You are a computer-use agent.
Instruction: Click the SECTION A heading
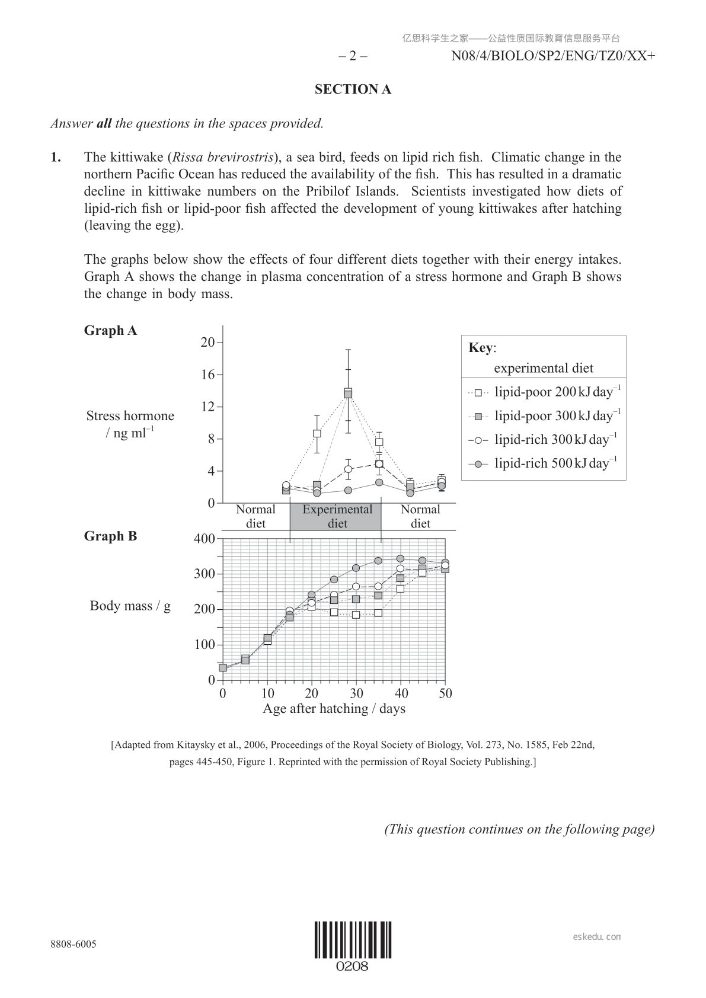pos(353,89)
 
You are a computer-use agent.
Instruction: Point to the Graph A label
pos(110,331)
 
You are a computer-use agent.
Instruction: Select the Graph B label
pos(110,536)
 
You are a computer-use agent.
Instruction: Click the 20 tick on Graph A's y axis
pos(207,343)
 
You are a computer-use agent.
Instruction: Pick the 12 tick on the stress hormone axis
pos(207,407)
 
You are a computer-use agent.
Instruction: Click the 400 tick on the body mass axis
pos(204,539)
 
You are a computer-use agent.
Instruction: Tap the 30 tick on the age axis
pos(356,693)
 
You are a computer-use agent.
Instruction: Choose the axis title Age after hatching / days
pos(334,709)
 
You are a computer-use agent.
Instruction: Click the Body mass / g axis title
pos(130,606)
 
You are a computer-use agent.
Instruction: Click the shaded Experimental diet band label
pos(337,516)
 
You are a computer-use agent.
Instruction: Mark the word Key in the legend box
pos(481,348)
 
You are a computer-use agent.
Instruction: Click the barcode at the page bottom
pos(353,940)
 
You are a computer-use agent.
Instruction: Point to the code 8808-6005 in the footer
pos(73,944)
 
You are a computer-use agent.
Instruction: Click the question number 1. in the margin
pos(56,158)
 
